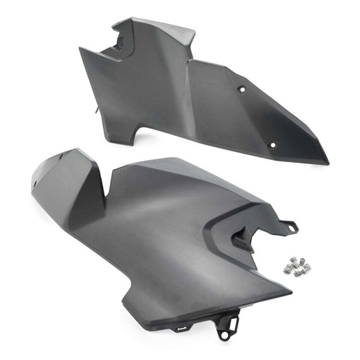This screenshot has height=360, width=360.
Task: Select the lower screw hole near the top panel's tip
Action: (272, 145)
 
